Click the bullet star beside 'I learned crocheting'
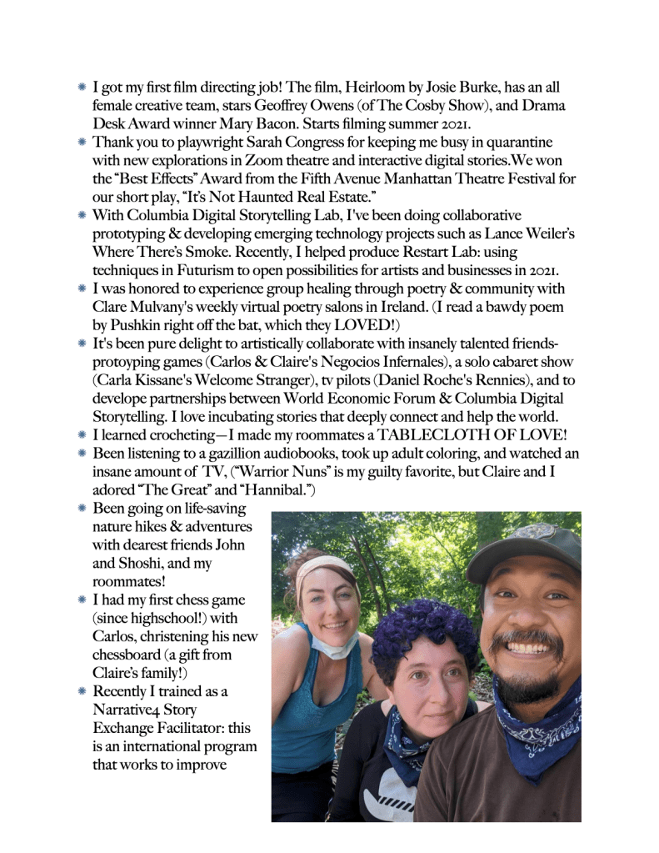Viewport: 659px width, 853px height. tap(82, 435)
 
